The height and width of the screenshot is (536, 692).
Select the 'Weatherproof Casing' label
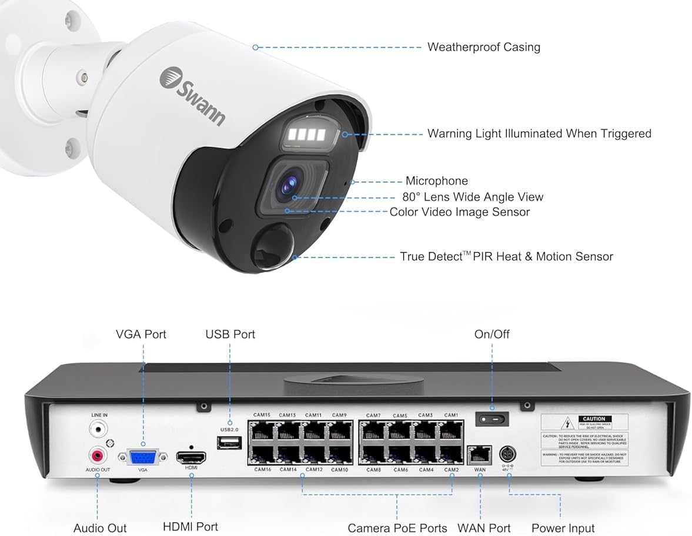click(x=483, y=47)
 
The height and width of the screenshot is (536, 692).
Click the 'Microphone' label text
click(x=436, y=181)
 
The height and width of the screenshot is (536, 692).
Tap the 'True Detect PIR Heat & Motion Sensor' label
click(x=506, y=256)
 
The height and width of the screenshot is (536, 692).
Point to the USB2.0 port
click(x=229, y=443)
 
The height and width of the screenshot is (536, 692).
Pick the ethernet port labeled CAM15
click(x=262, y=432)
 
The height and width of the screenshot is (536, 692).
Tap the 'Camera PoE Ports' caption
click(x=397, y=528)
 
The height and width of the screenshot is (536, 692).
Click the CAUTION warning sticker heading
click(x=593, y=419)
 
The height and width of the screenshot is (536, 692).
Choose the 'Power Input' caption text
click(x=563, y=528)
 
